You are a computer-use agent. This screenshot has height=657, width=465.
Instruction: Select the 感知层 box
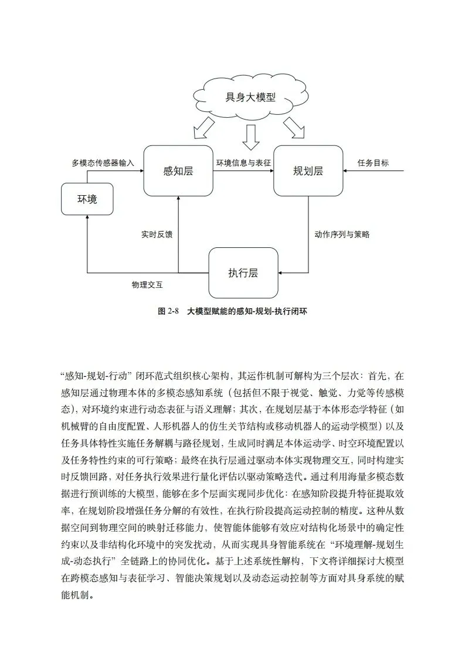(x=178, y=171)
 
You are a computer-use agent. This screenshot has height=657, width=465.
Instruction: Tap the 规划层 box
(x=308, y=171)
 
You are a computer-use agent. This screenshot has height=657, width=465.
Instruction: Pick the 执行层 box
(x=243, y=273)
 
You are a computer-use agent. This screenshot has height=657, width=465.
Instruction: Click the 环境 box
(x=87, y=199)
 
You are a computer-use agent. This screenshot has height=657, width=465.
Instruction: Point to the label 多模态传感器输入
(x=103, y=164)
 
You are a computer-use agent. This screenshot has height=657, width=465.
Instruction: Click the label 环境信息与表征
(x=243, y=164)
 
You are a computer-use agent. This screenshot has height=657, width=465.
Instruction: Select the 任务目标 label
(x=373, y=164)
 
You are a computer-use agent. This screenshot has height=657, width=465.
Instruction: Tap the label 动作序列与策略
(x=342, y=234)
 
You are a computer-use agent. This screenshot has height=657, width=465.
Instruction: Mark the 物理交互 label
(x=147, y=285)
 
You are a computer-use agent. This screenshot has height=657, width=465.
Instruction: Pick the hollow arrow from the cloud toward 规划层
(x=294, y=127)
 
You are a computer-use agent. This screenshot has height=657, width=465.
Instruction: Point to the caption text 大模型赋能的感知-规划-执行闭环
(x=247, y=312)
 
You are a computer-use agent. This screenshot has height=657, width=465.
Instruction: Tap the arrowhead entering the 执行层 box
(x=280, y=273)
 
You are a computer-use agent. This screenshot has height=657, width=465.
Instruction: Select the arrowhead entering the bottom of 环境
(x=87, y=219)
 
